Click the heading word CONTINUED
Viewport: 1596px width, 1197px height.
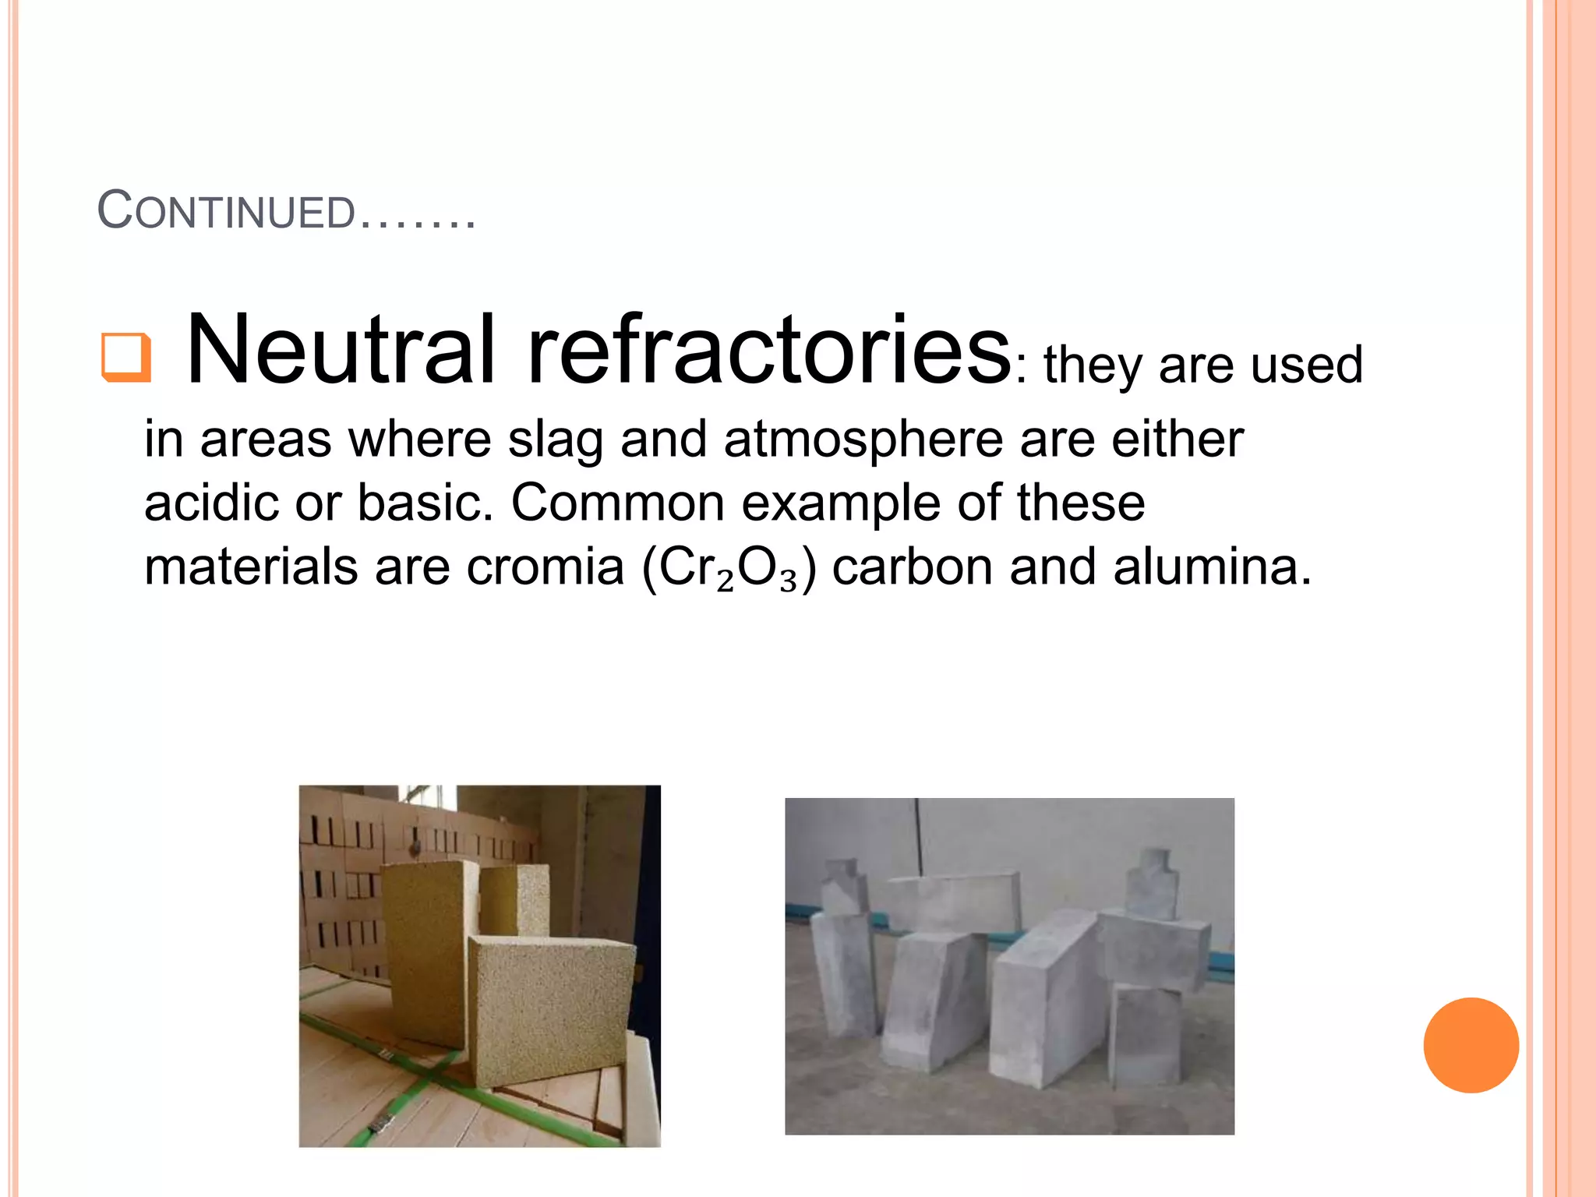point(226,211)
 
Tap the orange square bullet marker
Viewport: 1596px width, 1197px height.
point(125,358)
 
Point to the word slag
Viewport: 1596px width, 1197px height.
point(555,440)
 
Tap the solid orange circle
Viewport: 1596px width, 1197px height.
point(1471,1045)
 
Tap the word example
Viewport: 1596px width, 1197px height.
point(841,503)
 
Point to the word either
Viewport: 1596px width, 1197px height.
point(1177,439)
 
